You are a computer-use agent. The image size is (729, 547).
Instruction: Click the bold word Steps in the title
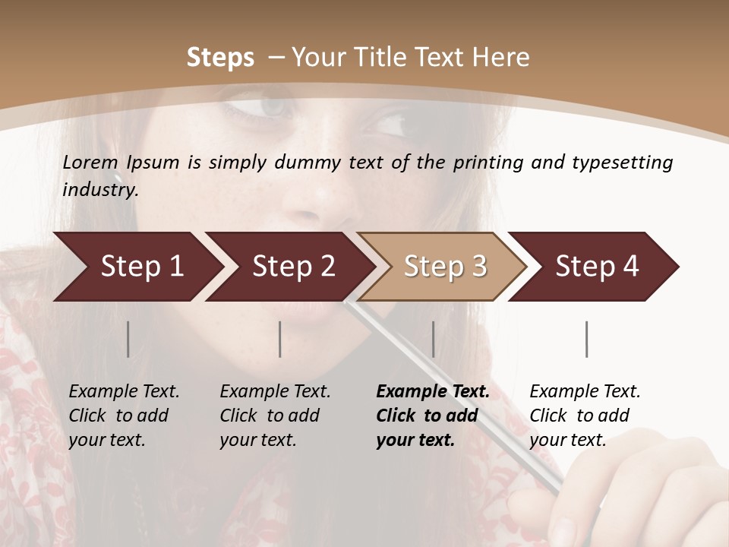click(220, 58)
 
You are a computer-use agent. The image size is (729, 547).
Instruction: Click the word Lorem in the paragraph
click(90, 163)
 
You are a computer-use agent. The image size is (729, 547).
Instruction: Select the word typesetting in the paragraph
click(623, 163)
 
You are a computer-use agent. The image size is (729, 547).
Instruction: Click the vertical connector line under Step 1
click(128, 339)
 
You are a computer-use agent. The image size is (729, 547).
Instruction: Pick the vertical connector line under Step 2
click(280, 339)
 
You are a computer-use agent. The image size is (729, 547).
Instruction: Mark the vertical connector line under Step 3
click(434, 339)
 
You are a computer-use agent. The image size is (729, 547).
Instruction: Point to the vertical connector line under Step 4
click(587, 339)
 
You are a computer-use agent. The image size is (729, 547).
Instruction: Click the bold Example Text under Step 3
click(433, 392)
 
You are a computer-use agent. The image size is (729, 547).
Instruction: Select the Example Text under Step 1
click(124, 392)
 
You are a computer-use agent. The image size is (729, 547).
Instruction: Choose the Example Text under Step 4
click(585, 392)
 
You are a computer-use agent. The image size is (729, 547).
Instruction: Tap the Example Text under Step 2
click(275, 392)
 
